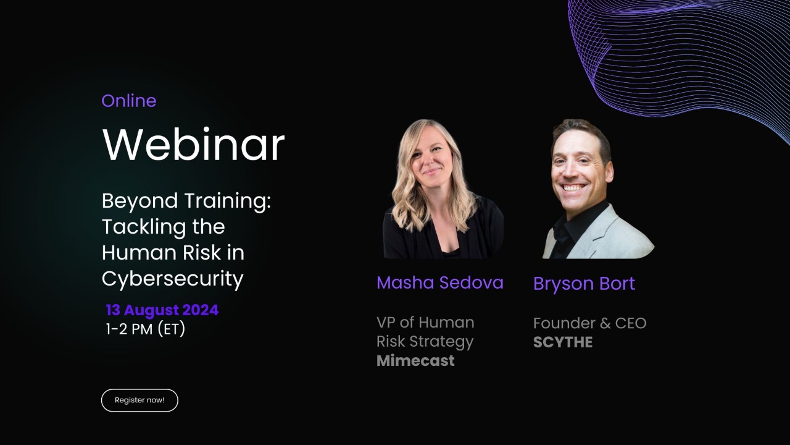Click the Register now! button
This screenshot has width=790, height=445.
click(139, 400)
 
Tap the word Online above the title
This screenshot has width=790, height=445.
click(128, 101)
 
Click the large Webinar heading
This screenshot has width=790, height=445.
click(193, 145)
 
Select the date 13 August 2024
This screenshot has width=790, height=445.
click(162, 310)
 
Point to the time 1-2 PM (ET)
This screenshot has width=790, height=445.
click(146, 329)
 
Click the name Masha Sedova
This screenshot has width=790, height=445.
click(440, 282)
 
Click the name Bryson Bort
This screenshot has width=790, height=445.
click(584, 284)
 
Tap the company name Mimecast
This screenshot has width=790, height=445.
click(415, 361)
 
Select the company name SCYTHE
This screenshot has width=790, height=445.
click(563, 342)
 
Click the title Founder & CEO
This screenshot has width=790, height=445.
click(589, 323)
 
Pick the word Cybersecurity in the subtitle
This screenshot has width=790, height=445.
click(173, 279)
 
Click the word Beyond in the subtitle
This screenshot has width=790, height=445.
click(132, 201)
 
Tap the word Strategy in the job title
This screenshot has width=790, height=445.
click(444, 342)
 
